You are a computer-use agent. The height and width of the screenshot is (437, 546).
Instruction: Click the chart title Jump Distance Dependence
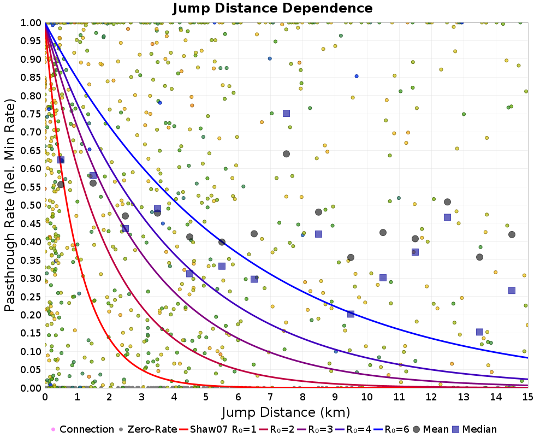tap(272, 9)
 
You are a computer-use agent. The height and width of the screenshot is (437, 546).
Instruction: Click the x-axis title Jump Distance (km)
tap(286, 412)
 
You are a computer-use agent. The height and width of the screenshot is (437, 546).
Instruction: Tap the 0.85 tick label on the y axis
tap(32, 77)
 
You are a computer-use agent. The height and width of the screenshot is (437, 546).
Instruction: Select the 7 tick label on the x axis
tap(270, 397)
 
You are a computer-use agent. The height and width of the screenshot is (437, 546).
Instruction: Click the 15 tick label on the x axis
tap(527, 397)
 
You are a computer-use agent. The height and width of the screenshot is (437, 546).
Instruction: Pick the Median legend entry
tap(473, 429)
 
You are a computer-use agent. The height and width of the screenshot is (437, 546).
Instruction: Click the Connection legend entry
tap(82, 429)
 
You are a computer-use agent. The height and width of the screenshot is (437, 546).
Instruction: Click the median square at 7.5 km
tap(286, 113)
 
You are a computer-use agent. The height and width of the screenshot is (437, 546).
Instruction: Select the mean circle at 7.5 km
tap(286, 153)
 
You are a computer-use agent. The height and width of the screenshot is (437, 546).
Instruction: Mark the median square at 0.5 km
tap(61, 160)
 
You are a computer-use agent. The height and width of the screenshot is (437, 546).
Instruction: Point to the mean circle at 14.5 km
tap(512, 234)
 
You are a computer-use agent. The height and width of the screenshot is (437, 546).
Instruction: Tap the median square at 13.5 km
tap(479, 332)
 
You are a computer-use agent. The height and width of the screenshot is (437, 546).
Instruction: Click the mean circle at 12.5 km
tap(447, 202)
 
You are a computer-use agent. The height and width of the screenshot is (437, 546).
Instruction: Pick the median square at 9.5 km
tap(351, 314)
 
